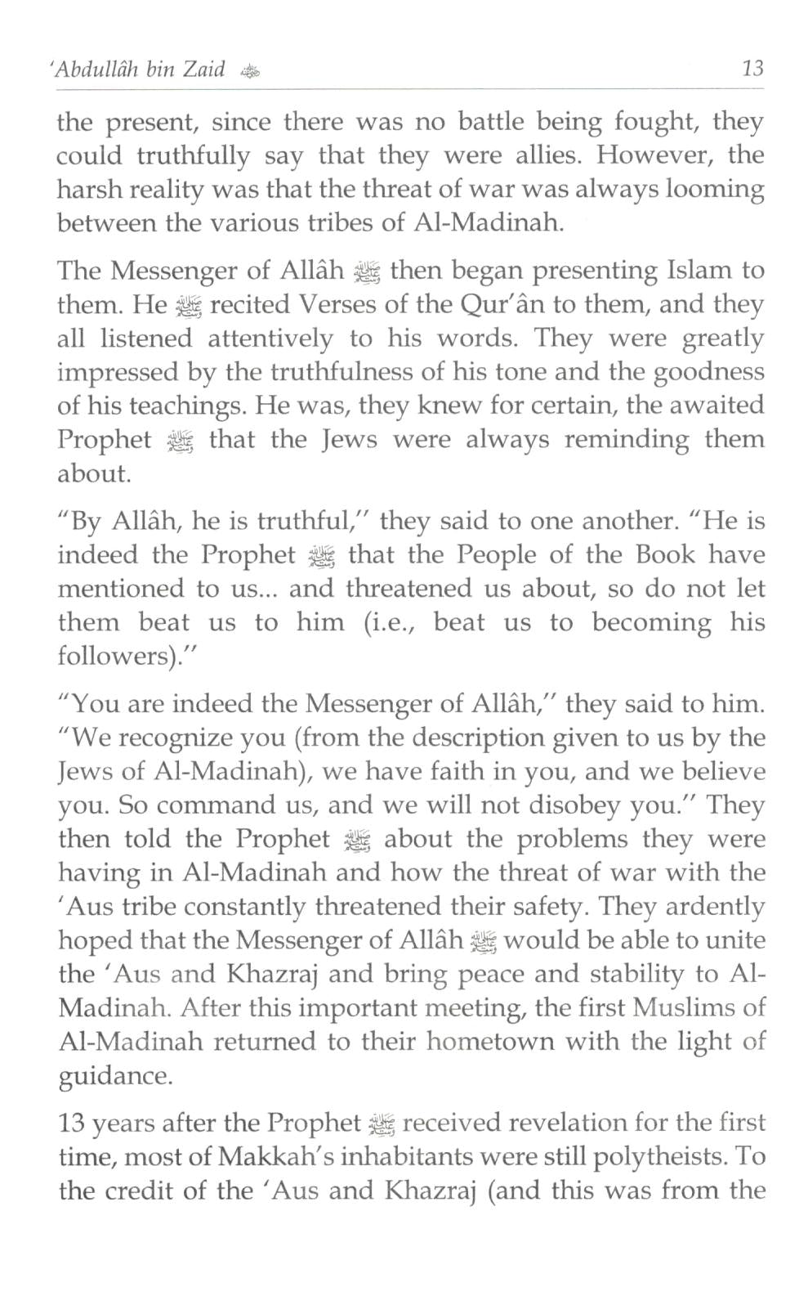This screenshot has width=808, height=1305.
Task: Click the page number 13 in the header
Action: click(752, 68)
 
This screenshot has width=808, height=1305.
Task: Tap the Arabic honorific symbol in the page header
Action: click(249, 71)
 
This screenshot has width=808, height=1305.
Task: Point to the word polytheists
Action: click(656, 1156)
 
